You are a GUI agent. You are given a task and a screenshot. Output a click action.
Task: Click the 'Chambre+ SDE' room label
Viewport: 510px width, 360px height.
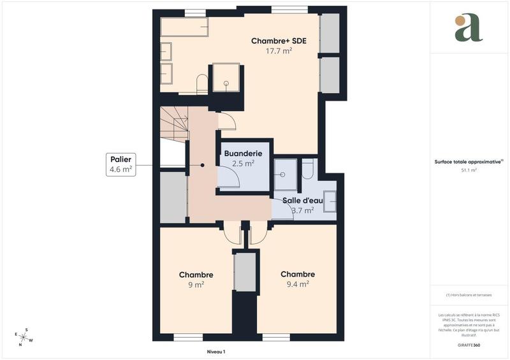(x=279, y=41)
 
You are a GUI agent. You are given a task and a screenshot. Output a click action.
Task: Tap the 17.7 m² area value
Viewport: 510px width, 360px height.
(x=279, y=51)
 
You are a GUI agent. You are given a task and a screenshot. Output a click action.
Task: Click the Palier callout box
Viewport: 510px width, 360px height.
(x=121, y=164)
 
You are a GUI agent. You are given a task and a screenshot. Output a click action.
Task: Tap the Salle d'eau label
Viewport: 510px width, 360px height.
(x=303, y=200)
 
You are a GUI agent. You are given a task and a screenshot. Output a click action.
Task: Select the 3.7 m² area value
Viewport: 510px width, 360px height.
(x=302, y=210)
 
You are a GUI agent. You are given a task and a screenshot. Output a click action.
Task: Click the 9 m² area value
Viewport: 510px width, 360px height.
(x=196, y=285)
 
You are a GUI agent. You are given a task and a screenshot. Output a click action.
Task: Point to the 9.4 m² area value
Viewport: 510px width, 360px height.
(x=298, y=284)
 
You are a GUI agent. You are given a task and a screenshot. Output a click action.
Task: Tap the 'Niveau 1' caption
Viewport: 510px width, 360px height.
(x=216, y=352)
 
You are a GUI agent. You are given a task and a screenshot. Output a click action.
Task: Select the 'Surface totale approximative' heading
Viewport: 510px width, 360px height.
(x=469, y=162)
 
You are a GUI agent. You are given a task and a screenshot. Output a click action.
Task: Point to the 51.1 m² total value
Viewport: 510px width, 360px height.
(x=469, y=171)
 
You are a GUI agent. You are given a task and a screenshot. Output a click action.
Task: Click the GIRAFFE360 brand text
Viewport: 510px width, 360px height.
(x=469, y=345)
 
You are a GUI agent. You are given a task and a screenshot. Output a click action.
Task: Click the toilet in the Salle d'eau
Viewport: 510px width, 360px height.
(x=307, y=168)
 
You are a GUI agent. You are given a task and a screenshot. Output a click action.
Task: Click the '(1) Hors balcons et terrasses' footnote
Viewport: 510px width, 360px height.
(x=469, y=295)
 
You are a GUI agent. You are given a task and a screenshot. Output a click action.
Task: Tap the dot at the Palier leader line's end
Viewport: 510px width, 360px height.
(x=202, y=165)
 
